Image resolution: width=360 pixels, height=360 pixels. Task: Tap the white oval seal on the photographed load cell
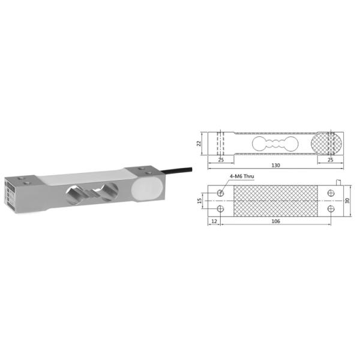coord(147,187)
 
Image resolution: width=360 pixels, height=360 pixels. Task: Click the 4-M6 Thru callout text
coord(243,176)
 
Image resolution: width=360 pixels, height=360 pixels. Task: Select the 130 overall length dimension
coord(275,166)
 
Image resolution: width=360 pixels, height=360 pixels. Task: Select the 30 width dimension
coord(347,200)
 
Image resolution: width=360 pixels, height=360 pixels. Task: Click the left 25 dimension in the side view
coord(221,160)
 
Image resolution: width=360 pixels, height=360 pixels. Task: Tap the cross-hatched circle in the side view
coord(328,144)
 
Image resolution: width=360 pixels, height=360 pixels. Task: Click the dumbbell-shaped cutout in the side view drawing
coord(275,144)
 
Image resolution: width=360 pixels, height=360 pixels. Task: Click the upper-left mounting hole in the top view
coord(221,193)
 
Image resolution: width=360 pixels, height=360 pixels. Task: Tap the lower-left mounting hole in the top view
coord(221,208)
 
